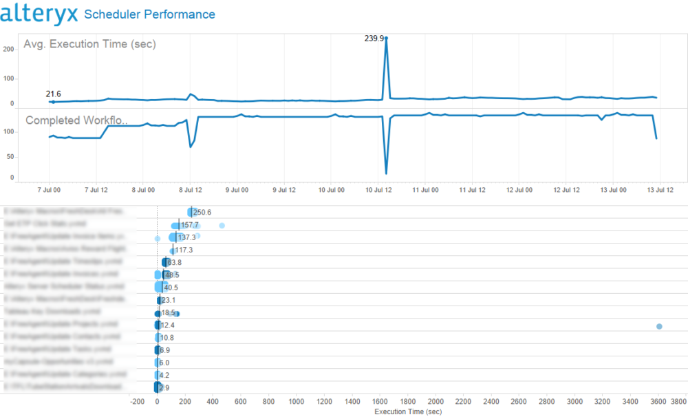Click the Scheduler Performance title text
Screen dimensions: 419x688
(x=149, y=14)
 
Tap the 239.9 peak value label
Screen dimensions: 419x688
(x=374, y=39)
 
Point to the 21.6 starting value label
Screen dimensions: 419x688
(x=53, y=94)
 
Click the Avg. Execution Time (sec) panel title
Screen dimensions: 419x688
(x=89, y=45)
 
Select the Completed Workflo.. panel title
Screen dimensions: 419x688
(x=76, y=120)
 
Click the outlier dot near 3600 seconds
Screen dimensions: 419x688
(x=659, y=326)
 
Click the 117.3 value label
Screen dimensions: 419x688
(x=184, y=250)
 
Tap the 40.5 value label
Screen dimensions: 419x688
(x=171, y=288)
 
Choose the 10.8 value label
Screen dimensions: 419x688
(x=166, y=338)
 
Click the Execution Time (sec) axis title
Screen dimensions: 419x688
(x=407, y=411)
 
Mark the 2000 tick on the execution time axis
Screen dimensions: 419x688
(x=436, y=400)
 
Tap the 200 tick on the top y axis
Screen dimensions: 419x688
(x=8, y=49)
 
